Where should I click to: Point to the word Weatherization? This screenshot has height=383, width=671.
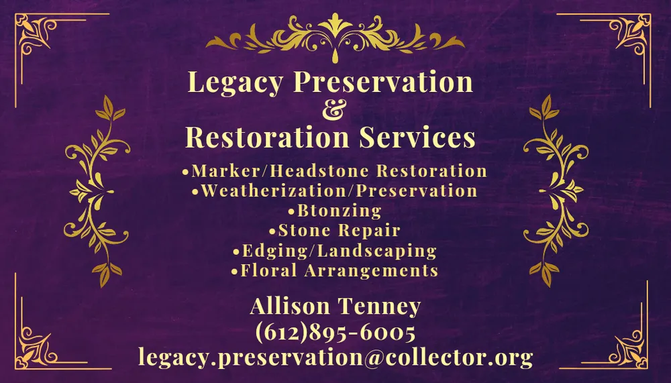[x=273, y=191]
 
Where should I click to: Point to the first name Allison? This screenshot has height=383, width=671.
[x=290, y=307]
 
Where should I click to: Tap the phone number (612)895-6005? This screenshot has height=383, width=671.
[x=335, y=333]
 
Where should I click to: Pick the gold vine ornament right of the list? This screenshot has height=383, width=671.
[x=554, y=191]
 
